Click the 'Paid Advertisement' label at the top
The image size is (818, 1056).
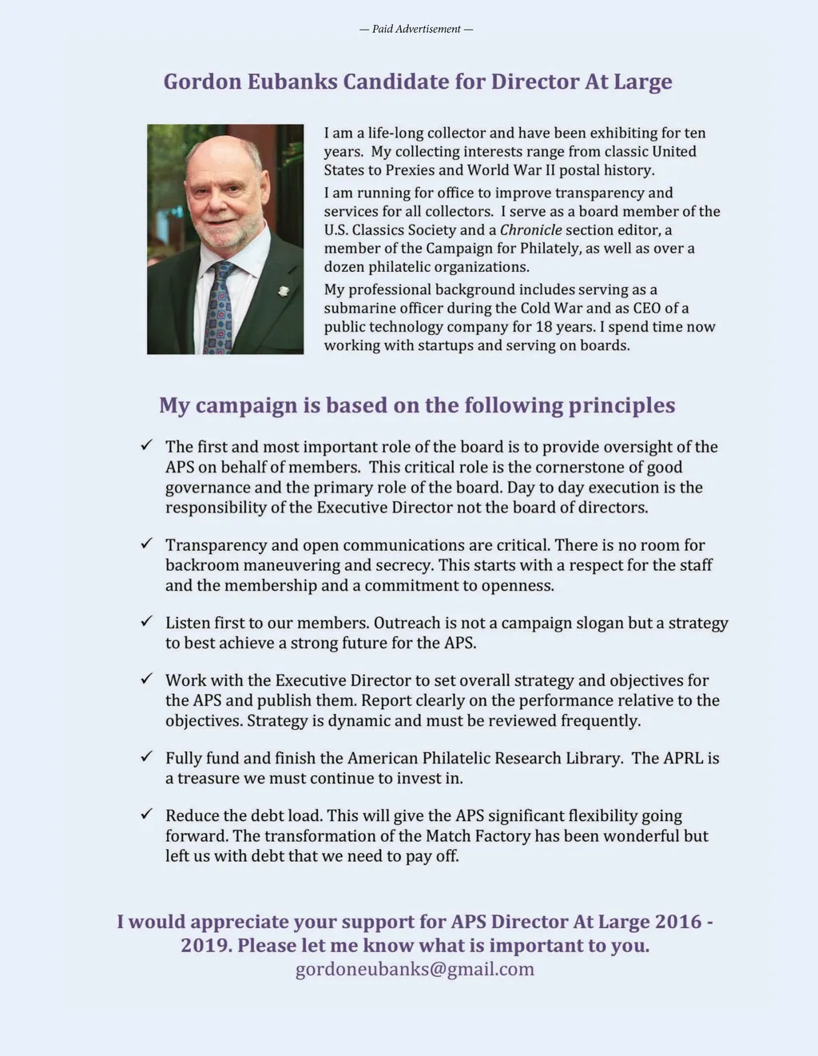(416, 30)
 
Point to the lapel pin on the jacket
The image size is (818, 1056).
(283, 291)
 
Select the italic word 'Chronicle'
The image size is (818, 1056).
(530, 230)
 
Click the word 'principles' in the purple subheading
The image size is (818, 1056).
(621, 405)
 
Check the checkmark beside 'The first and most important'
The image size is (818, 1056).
(146, 445)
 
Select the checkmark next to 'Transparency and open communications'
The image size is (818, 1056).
(146, 544)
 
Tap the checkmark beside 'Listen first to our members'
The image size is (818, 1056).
(146, 621)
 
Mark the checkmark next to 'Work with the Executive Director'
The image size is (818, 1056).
(146, 679)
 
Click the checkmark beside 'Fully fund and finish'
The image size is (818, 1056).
(146, 756)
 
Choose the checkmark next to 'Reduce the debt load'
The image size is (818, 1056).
(146, 814)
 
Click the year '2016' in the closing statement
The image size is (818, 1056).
(678, 922)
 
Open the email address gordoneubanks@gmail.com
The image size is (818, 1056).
(415, 970)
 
